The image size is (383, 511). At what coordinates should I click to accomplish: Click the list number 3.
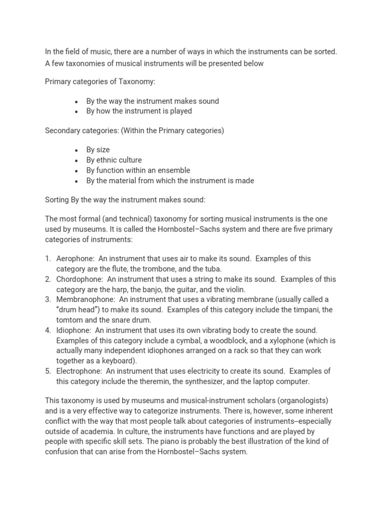pyautogui.click(x=48, y=299)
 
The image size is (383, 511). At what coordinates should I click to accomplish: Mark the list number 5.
pyautogui.click(x=48, y=371)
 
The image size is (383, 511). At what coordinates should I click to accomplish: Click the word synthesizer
pyautogui.click(x=213, y=381)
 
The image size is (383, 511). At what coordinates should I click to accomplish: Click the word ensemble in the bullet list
pyautogui.click(x=174, y=170)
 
